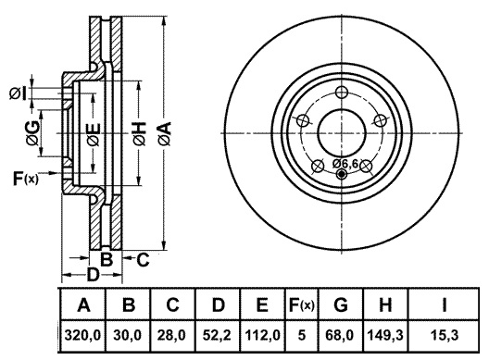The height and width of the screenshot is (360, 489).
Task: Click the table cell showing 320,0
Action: click(82, 335)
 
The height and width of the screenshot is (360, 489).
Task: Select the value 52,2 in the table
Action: click(217, 335)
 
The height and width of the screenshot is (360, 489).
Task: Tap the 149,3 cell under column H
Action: click(385, 335)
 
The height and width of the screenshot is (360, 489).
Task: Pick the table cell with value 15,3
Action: click(445, 335)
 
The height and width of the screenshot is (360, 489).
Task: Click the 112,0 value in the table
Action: click(262, 335)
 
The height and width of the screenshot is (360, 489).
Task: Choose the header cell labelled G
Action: click(341, 304)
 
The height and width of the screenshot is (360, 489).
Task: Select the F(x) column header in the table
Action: click(302, 305)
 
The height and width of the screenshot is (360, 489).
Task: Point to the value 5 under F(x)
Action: click(302, 335)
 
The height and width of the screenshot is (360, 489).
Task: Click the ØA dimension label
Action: click(164, 133)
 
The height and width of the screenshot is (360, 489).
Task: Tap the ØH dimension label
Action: click(139, 133)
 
